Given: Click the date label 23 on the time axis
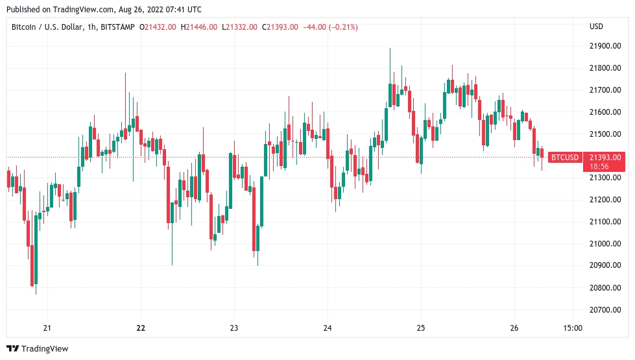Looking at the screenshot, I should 234,328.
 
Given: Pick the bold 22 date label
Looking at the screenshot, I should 141,328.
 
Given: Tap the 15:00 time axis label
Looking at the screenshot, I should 573,328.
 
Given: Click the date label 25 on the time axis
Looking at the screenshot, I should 421,328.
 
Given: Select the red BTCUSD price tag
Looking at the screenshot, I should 564,157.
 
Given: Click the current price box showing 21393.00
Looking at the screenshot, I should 605,157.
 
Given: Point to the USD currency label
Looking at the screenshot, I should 596,27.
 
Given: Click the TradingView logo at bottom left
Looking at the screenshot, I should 38,348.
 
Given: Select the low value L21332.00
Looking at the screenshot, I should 240,27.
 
